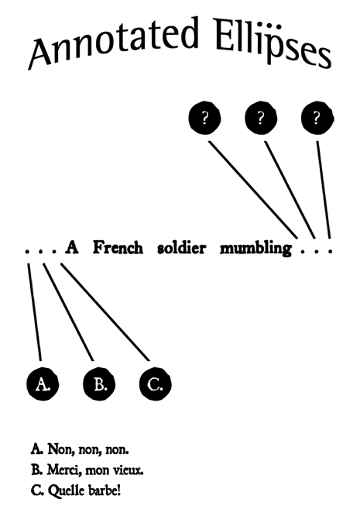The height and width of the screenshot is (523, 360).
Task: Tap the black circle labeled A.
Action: (x=43, y=384)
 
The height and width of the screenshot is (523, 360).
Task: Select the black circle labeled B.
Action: (x=99, y=384)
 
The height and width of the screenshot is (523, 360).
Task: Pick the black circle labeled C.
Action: (x=156, y=384)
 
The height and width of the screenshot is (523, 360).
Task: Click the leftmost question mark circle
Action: (x=204, y=118)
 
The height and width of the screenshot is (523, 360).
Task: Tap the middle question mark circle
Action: (x=261, y=118)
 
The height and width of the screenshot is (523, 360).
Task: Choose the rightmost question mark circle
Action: (x=317, y=118)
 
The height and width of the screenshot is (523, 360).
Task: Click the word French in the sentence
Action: (x=118, y=247)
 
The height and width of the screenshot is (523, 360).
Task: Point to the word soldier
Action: (x=182, y=248)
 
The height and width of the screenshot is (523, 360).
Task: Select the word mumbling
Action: (x=255, y=249)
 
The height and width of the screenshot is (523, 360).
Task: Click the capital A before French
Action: (x=72, y=247)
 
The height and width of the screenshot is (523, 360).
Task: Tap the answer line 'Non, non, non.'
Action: (x=80, y=449)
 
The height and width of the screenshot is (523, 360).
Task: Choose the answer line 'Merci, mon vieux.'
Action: (x=87, y=470)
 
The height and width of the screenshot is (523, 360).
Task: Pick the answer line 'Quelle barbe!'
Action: (x=76, y=490)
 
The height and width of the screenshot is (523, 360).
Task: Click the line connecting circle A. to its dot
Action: (x=35, y=312)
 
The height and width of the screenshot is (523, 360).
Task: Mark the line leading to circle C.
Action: (x=105, y=312)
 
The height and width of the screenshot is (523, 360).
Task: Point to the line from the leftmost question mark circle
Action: (x=253, y=190)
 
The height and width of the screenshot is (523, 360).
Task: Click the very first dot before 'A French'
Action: (x=27, y=251)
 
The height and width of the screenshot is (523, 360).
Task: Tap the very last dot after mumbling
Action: (x=330, y=251)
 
